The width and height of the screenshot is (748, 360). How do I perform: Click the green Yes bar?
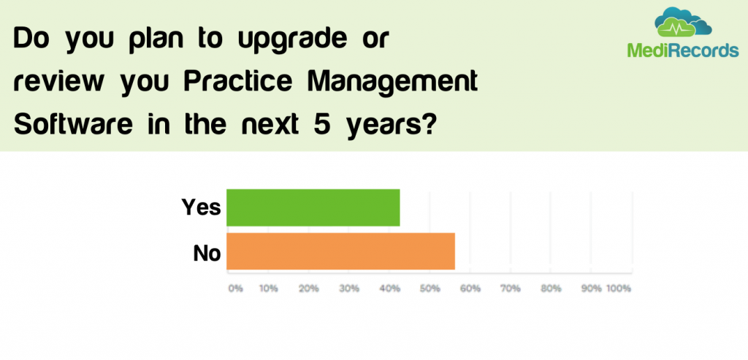(x=313, y=207)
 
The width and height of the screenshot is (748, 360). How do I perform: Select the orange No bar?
(x=340, y=251)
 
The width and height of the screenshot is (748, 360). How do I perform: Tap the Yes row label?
(x=201, y=207)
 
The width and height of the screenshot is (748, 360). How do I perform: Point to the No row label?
(x=207, y=253)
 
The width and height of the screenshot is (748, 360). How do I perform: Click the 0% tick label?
(x=235, y=288)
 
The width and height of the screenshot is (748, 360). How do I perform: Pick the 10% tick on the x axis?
(x=269, y=288)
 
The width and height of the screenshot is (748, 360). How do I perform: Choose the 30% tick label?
(x=350, y=288)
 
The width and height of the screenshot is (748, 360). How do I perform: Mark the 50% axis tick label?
(x=431, y=288)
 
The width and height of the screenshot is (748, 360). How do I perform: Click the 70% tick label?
(x=511, y=288)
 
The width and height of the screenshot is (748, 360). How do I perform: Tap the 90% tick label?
(x=592, y=288)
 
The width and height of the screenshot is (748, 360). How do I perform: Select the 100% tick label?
(x=618, y=288)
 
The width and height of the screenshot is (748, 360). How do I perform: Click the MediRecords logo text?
(x=683, y=50)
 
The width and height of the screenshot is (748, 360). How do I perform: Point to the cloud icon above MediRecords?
(x=683, y=23)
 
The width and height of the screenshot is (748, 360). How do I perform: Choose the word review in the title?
(x=58, y=82)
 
